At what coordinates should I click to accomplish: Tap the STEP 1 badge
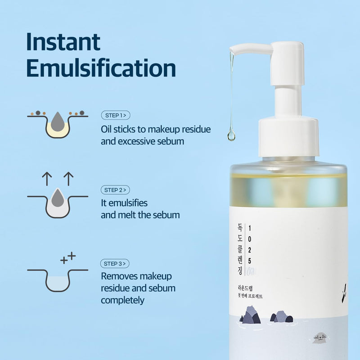pyautogui.click(x=116, y=116)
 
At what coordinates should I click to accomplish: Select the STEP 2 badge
pyautogui.click(x=116, y=190)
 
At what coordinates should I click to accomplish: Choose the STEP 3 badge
pyautogui.click(x=116, y=264)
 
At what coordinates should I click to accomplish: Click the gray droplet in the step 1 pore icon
pyautogui.click(x=58, y=121)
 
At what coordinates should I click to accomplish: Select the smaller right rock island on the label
pyautogui.click(x=281, y=316)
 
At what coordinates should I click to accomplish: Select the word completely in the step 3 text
pyautogui.click(x=122, y=300)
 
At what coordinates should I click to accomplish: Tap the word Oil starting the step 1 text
pyautogui.click(x=108, y=130)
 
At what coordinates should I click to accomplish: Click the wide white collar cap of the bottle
pyautogui.click(x=288, y=137)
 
